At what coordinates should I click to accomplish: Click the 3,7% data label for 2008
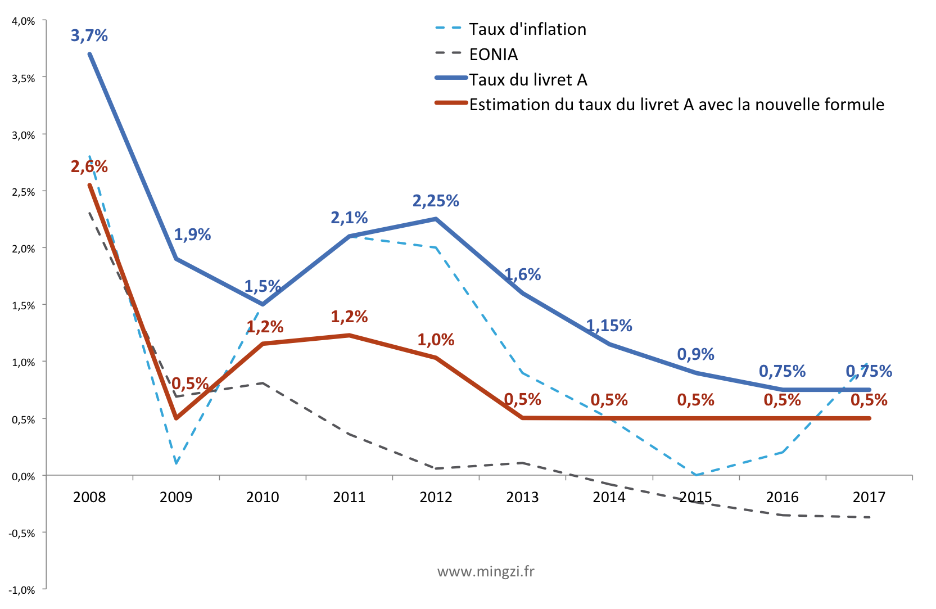pos(89,35)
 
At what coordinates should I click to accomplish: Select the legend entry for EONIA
pos(493,55)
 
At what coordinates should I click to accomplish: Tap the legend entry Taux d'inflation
pos(527,29)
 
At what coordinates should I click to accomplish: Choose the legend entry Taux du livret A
pos(528,80)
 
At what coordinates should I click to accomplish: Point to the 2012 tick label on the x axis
pos(436,497)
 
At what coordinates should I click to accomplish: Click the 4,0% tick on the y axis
pos(24,21)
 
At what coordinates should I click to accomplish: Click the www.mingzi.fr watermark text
pos(486,572)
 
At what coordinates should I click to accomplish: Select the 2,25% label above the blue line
pos(436,201)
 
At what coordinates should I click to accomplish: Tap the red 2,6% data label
pos(89,166)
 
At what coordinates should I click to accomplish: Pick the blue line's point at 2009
pos(177,259)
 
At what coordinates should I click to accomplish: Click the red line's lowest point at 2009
pos(177,418)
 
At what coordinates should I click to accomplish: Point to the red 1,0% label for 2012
pos(436,340)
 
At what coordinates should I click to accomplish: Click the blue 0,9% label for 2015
pos(695,354)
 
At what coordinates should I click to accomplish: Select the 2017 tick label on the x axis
pos(869,497)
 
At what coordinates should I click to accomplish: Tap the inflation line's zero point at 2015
pos(696,475)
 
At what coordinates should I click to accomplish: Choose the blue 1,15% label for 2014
pos(609,326)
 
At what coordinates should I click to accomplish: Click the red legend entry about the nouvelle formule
pos(676,105)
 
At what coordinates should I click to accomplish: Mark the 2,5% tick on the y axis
pos(24,192)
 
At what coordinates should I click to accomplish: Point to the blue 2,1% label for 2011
pos(349,218)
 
